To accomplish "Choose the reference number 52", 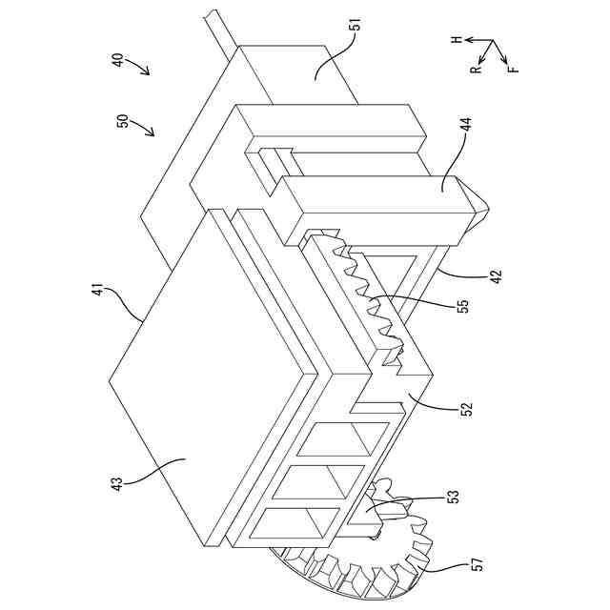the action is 466,411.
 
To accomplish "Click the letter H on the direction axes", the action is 457,40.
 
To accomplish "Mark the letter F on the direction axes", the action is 515,70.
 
